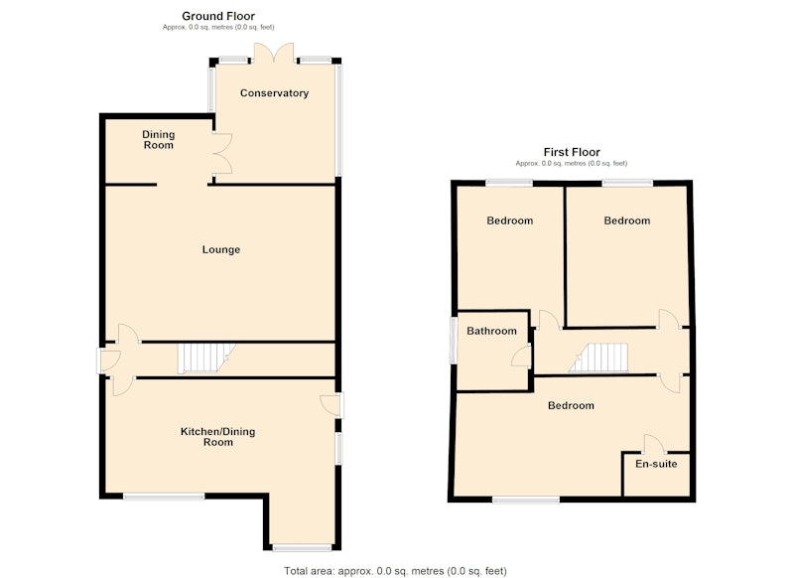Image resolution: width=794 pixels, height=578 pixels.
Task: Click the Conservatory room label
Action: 274,93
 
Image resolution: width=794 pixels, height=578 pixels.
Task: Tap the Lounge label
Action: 220,249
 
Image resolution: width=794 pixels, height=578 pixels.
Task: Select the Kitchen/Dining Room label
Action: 217,437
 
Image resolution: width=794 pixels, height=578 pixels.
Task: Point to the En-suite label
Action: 656,464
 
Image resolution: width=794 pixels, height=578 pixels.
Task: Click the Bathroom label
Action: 491,332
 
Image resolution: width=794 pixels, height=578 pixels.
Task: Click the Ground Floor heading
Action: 218,16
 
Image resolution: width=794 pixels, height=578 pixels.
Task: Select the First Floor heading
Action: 572,152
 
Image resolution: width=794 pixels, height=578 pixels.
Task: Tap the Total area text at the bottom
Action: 395,571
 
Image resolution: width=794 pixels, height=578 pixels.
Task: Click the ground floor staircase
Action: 205,359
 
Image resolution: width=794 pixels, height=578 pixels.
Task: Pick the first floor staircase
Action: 598,359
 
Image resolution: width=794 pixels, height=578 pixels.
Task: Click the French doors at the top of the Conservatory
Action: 274,54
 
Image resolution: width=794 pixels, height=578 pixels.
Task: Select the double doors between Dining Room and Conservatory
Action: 222,154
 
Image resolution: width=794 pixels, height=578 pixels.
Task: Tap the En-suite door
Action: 655,444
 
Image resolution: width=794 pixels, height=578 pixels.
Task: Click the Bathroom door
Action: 522,355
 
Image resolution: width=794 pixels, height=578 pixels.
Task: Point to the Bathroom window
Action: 454,340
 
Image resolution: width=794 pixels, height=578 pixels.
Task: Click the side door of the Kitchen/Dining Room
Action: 331,405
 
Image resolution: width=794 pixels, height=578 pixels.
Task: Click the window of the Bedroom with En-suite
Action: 526,500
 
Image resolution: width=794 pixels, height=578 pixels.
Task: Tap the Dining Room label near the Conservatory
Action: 159,140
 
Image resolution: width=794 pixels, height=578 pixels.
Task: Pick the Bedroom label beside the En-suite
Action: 571,406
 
